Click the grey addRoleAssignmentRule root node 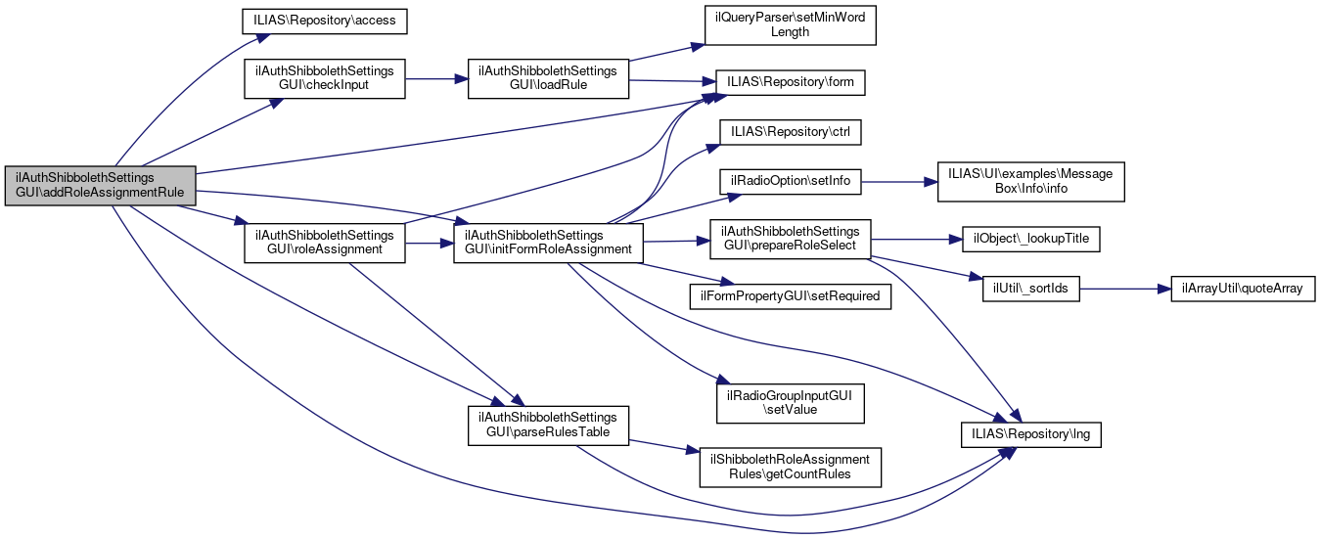(101, 185)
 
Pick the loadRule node (547, 79)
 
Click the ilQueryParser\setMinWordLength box (790, 24)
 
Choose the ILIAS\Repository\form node (791, 82)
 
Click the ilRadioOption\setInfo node (791, 181)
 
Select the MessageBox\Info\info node (1030, 181)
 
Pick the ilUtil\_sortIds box (1030, 291)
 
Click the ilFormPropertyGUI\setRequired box (791, 294)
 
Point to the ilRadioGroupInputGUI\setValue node (791, 403)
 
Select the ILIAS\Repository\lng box (1030, 432)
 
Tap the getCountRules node (791, 467)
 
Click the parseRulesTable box (547, 424)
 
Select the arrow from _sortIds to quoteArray (1125, 291)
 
